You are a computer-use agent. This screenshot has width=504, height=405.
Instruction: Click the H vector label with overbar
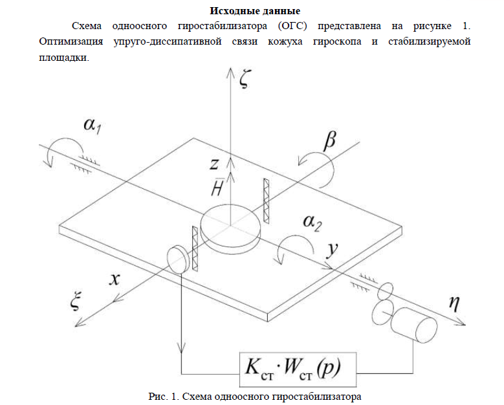coord(218,188)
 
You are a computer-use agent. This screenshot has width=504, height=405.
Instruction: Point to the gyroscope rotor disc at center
coord(232,226)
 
